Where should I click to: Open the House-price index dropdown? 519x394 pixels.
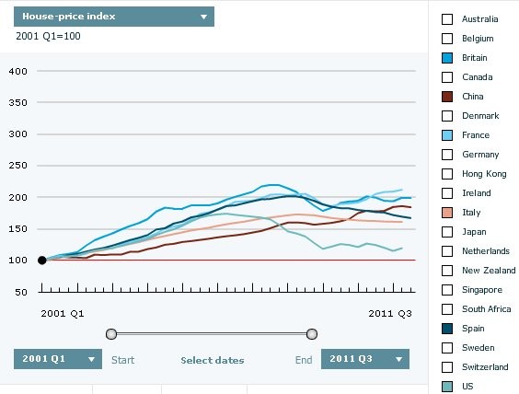pyautogui.click(x=115, y=17)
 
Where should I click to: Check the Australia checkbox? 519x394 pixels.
pyautogui.click(x=448, y=18)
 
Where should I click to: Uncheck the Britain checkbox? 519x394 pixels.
pyautogui.click(x=448, y=57)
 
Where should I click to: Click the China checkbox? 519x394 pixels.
pyautogui.click(x=448, y=96)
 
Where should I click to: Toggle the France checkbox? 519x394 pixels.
pyautogui.click(x=448, y=134)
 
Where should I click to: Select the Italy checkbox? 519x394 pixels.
pyautogui.click(x=448, y=212)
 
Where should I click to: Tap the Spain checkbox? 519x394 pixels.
pyautogui.click(x=448, y=328)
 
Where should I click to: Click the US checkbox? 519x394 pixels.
pyautogui.click(x=448, y=387)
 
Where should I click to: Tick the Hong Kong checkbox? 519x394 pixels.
pyautogui.click(x=448, y=173)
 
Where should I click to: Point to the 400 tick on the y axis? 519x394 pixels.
pyautogui.click(x=21, y=71)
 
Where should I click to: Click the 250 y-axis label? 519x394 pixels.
pyautogui.click(x=21, y=166)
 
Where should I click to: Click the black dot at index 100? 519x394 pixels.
pyautogui.click(x=41, y=261)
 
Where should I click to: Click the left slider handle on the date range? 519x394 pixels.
pyautogui.click(x=111, y=333)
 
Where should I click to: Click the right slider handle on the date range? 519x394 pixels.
pyautogui.click(x=312, y=333)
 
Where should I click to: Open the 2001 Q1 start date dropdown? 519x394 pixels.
pyautogui.click(x=58, y=359)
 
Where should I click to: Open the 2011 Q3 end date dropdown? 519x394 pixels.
pyautogui.click(x=365, y=359)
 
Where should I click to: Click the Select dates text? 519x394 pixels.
pyautogui.click(x=213, y=360)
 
